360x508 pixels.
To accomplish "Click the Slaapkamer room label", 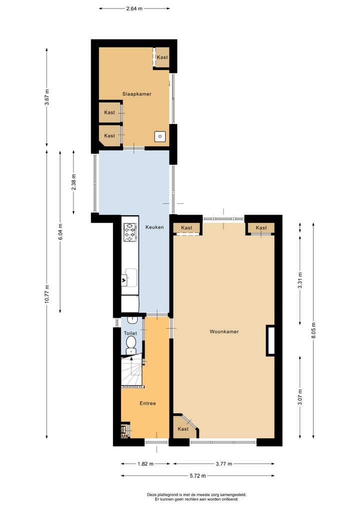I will pyautogui.click(x=137, y=94).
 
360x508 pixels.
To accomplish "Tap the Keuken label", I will pyautogui.click(x=154, y=227).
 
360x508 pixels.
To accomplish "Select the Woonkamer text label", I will pyautogui.click(x=223, y=331).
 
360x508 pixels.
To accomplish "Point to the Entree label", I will pyautogui.click(x=148, y=403).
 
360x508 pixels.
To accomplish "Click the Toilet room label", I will pyautogui.click(x=130, y=333).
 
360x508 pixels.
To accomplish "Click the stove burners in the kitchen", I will pyautogui.click(x=130, y=232).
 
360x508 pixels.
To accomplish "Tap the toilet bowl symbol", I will pyautogui.click(x=131, y=344).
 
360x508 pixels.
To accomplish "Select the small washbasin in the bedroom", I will pyautogui.click(x=160, y=136).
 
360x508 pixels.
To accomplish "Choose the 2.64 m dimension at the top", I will pyautogui.click(x=134, y=8).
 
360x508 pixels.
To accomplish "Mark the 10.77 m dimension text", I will pyautogui.click(x=47, y=294).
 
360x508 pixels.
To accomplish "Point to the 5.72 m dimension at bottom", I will pyautogui.click(x=198, y=476).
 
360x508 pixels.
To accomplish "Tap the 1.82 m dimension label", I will pyautogui.click(x=145, y=464).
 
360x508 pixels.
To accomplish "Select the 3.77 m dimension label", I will pyautogui.click(x=223, y=464).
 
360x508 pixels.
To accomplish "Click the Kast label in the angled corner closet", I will pyautogui.click(x=183, y=429).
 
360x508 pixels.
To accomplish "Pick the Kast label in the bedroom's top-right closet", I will pyautogui.click(x=162, y=57).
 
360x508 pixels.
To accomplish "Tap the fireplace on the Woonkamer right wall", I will pyautogui.click(x=270, y=341).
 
